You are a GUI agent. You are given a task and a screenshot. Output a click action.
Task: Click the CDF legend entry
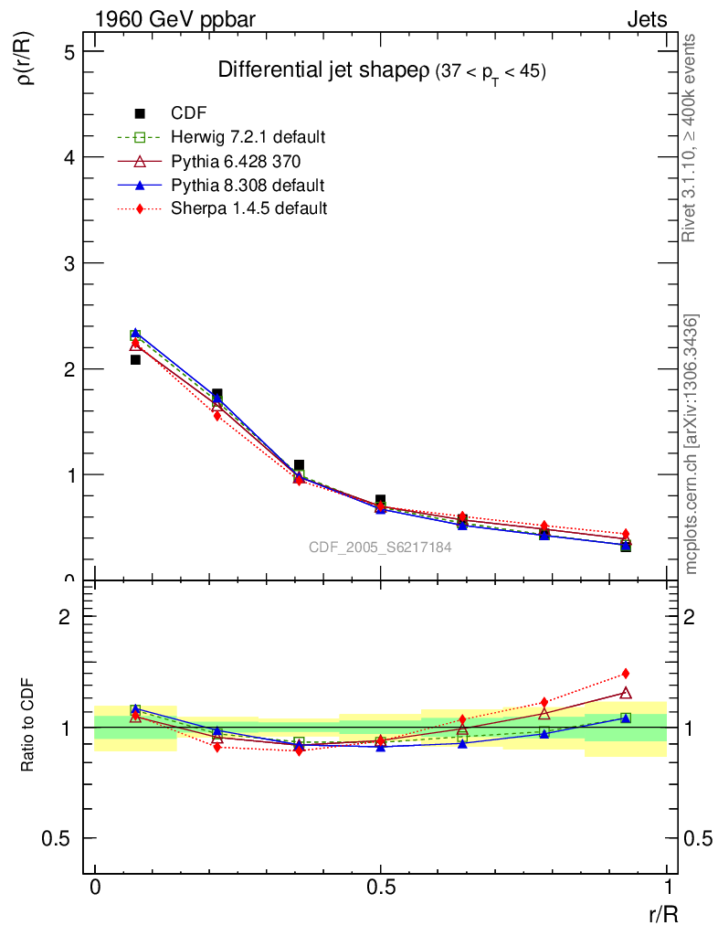pyautogui.click(x=188, y=113)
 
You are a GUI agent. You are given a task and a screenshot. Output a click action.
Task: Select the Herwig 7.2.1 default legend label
pyautogui.click(x=248, y=137)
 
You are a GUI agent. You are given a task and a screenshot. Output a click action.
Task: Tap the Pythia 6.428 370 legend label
pyautogui.click(x=236, y=161)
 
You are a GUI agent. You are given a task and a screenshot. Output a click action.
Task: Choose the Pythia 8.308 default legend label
pyautogui.click(x=248, y=185)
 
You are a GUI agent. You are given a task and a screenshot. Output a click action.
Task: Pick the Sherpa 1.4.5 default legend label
pyautogui.click(x=248, y=208)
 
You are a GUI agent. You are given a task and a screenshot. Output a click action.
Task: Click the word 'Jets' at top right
pyautogui.click(x=646, y=19)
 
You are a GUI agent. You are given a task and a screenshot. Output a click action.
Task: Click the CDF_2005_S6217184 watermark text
pyautogui.click(x=380, y=548)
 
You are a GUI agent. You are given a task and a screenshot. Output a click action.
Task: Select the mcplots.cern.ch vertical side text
pyautogui.click(x=692, y=444)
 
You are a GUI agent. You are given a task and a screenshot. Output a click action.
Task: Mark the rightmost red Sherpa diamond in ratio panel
pyautogui.click(x=626, y=674)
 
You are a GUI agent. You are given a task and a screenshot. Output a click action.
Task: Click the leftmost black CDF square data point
pyautogui.click(x=135, y=359)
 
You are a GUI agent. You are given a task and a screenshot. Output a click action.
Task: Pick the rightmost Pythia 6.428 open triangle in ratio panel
pyautogui.click(x=626, y=693)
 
